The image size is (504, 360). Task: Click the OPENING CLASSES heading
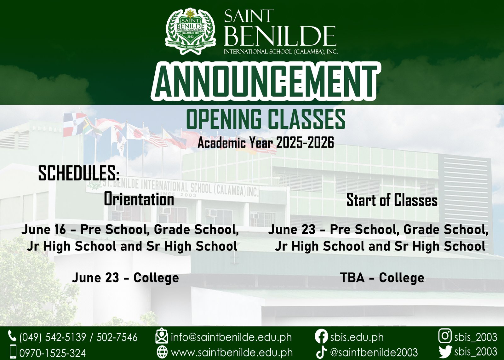click(266, 119)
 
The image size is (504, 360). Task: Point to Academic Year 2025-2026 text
click(266, 143)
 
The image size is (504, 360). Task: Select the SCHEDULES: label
click(79, 173)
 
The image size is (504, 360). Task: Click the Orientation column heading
click(139, 199)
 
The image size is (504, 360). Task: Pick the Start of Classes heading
click(392, 200)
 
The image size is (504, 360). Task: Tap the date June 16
click(44, 230)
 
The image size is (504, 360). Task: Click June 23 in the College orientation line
click(95, 278)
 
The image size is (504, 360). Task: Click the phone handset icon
click(12, 336)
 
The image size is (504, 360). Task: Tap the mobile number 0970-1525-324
click(53, 353)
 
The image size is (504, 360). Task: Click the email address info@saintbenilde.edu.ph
click(231, 337)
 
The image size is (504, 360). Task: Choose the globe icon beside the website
click(162, 352)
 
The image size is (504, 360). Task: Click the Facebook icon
click(321, 337)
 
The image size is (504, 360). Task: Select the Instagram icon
click(445, 336)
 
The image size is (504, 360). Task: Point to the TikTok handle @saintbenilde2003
click(374, 352)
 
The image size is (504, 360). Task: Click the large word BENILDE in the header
click(280, 36)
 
